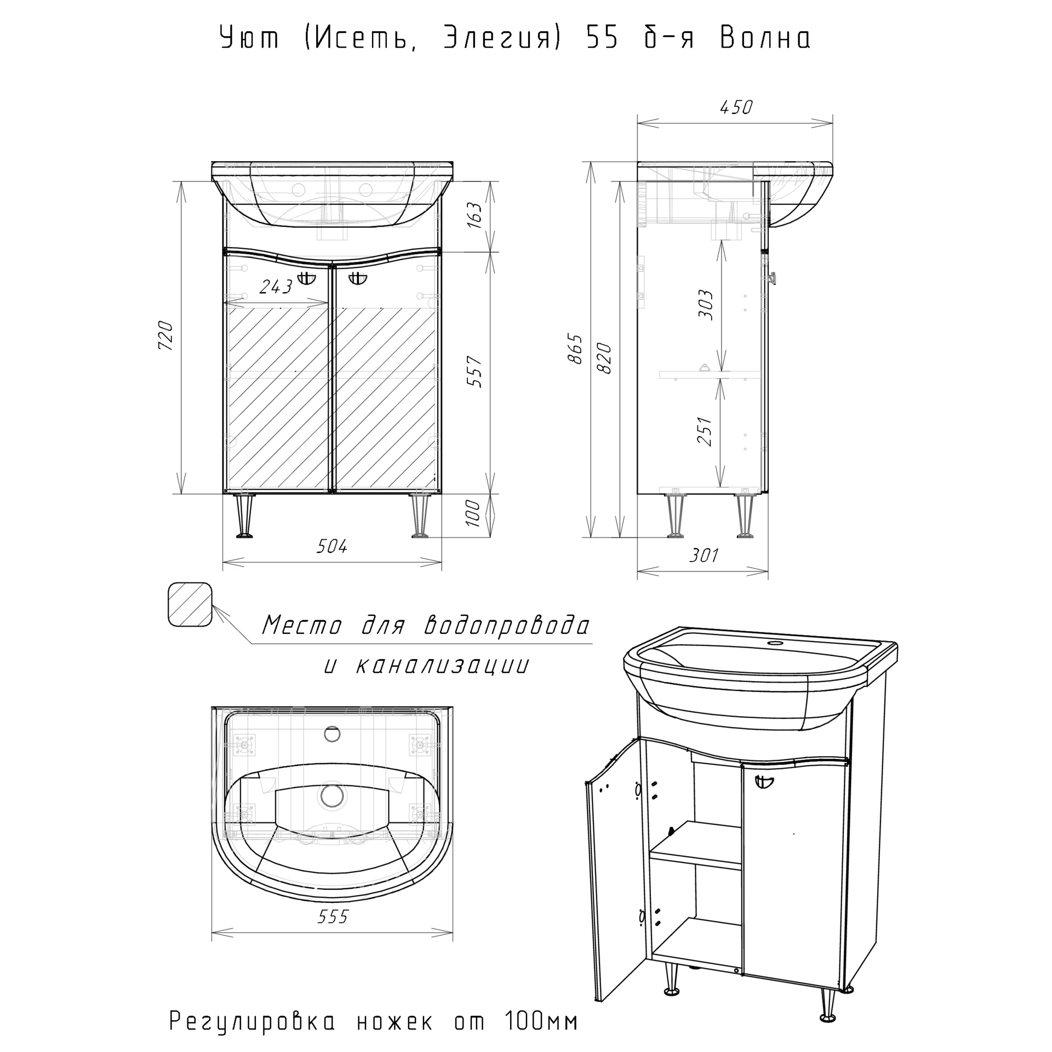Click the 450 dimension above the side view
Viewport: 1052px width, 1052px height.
tap(736, 107)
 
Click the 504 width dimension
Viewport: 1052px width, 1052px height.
tap(332, 546)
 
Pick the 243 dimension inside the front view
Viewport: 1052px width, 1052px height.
tap(276, 287)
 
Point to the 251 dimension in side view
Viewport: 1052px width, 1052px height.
tap(706, 431)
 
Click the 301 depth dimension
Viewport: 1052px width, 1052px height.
tap(703, 555)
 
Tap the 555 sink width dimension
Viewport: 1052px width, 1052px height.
tap(333, 916)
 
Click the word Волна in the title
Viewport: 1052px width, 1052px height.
tap(765, 38)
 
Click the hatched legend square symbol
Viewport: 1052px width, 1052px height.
tap(190, 604)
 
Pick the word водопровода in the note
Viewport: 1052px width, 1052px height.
tap(507, 625)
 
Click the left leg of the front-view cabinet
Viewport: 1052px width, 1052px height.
tap(244, 516)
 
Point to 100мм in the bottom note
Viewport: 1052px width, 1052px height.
tap(539, 1021)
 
